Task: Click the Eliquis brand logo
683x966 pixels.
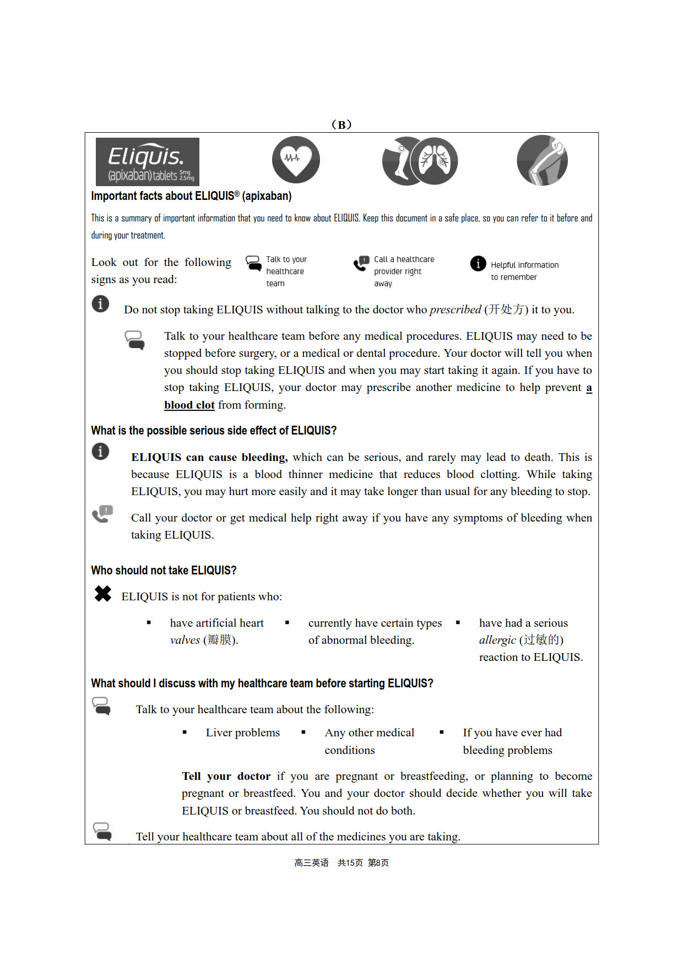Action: (147, 161)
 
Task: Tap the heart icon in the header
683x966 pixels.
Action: (296, 160)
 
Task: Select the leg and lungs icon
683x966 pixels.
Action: (420, 161)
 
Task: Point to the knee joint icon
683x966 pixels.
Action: (542, 160)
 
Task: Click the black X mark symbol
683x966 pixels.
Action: (103, 594)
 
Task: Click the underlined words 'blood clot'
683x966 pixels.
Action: (189, 405)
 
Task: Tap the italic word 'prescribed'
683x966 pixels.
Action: (455, 310)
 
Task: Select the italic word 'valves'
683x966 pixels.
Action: (185, 640)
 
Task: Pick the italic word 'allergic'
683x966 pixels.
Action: (497, 640)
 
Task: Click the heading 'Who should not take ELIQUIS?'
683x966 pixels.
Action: (164, 570)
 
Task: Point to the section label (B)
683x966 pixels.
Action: (341, 124)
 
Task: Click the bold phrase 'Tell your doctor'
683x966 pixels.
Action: (226, 776)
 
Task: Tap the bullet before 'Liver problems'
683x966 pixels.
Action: (185, 732)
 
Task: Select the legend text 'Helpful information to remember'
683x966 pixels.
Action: (524, 271)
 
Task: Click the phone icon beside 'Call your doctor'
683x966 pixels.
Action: (102, 514)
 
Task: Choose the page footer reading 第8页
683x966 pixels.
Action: (378, 862)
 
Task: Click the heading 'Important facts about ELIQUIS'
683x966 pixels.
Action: (191, 196)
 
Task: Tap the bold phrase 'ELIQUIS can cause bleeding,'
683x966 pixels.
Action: (209, 457)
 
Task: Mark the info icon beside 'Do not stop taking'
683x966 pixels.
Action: (100, 303)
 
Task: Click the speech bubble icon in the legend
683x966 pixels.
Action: (253, 263)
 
